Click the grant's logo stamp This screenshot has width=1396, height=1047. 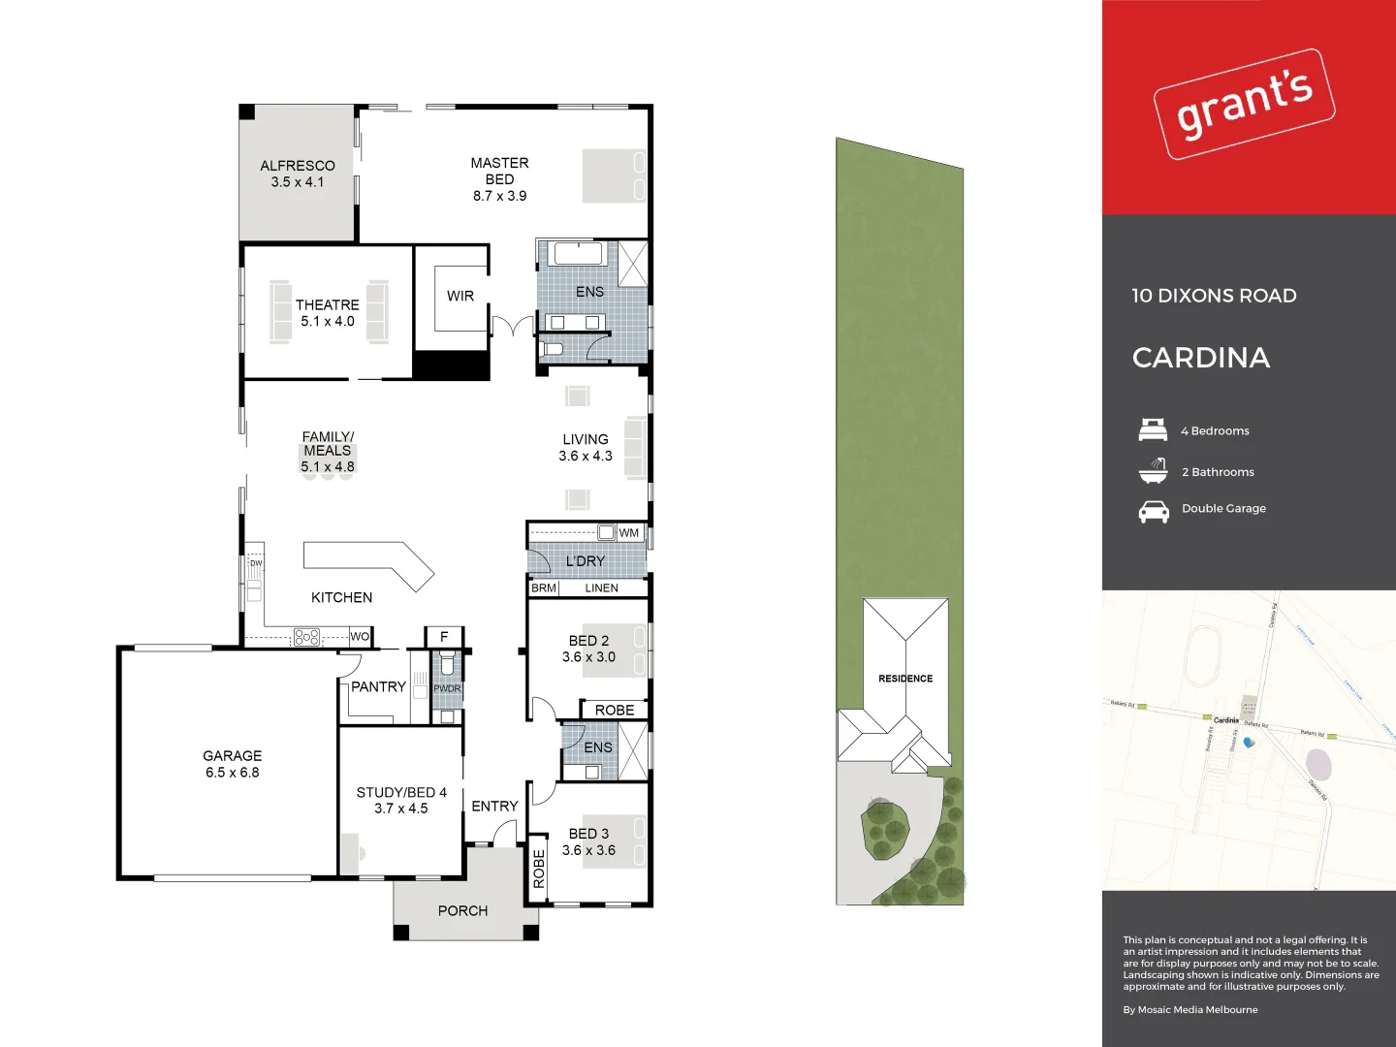pyautogui.click(x=1244, y=104)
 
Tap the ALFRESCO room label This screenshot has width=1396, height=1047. pyautogui.click(x=298, y=166)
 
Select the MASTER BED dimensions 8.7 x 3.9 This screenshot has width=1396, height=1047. pyautogui.click(x=499, y=196)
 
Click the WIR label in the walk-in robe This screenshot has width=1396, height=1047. pyautogui.click(x=460, y=296)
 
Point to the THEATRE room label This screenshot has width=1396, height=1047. pyautogui.click(x=327, y=304)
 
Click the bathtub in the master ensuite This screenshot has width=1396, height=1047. pyautogui.click(x=578, y=254)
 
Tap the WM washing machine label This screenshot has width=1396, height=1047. pyautogui.click(x=629, y=532)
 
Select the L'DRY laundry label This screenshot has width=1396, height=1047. pyautogui.click(x=585, y=561)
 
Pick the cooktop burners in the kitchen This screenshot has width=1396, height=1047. pyautogui.click(x=306, y=637)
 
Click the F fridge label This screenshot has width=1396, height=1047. pyautogui.click(x=444, y=637)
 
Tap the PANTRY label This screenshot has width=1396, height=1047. pyautogui.click(x=378, y=686)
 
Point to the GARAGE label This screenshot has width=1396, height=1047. pyautogui.click(x=232, y=755)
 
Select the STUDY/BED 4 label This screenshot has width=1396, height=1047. pyautogui.click(x=401, y=792)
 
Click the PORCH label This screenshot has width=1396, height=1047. pyautogui.click(x=462, y=910)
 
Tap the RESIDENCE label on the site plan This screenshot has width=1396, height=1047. pyautogui.click(x=905, y=679)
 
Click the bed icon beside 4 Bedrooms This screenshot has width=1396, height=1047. pyautogui.click(x=1153, y=429)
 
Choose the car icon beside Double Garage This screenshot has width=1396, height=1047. pyautogui.click(x=1153, y=511)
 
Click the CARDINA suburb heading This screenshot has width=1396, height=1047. pyautogui.click(x=1200, y=358)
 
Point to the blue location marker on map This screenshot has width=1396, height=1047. pyautogui.click(x=1248, y=743)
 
